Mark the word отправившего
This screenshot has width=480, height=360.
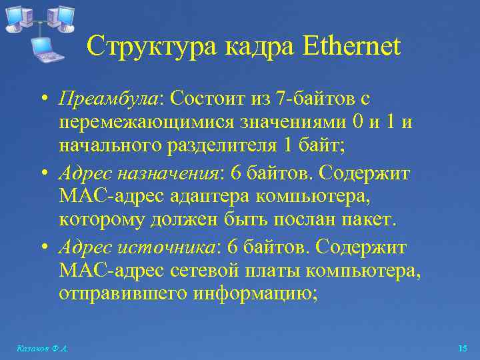123,293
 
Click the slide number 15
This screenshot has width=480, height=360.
463,349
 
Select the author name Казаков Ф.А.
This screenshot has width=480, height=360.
41,349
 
